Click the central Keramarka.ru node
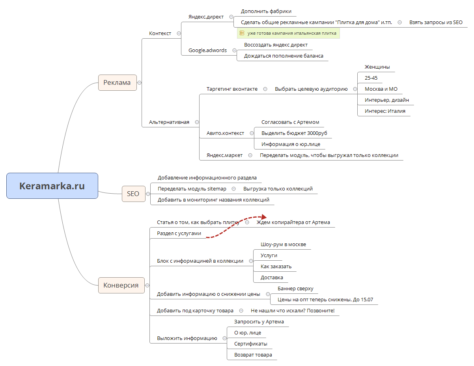(52, 186)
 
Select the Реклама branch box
(117, 83)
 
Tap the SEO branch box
(133, 194)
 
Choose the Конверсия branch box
(121, 285)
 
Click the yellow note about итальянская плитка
(288, 34)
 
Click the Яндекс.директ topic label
(206, 17)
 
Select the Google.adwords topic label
(207, 50)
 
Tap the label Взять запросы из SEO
(436, 22)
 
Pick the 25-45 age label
(371, 78)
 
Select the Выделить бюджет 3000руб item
(294, 133)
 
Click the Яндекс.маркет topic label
(224, 155)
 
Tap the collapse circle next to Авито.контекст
(252, 133)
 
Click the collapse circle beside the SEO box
(148, 194)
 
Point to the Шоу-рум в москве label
(283, 245)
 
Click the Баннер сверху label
(295, 289)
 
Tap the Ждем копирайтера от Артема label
(293, 222)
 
